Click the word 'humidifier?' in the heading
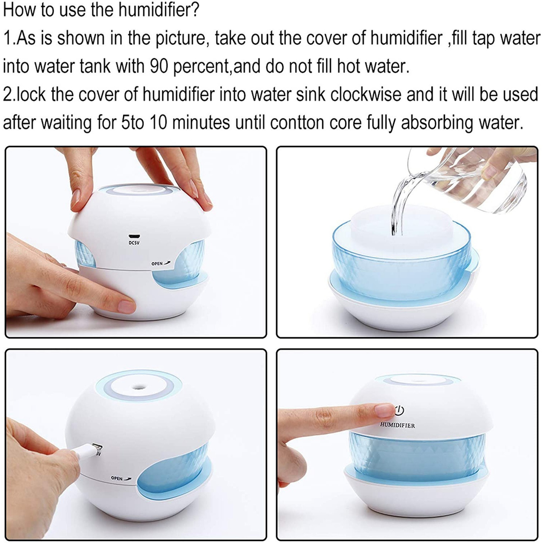click(159, 10)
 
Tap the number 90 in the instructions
click(159, 67)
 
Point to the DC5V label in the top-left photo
click(134, 243)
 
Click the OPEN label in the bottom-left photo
click(121, 478)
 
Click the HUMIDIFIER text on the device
click(397, 425)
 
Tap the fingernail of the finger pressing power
click(385, 410)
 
